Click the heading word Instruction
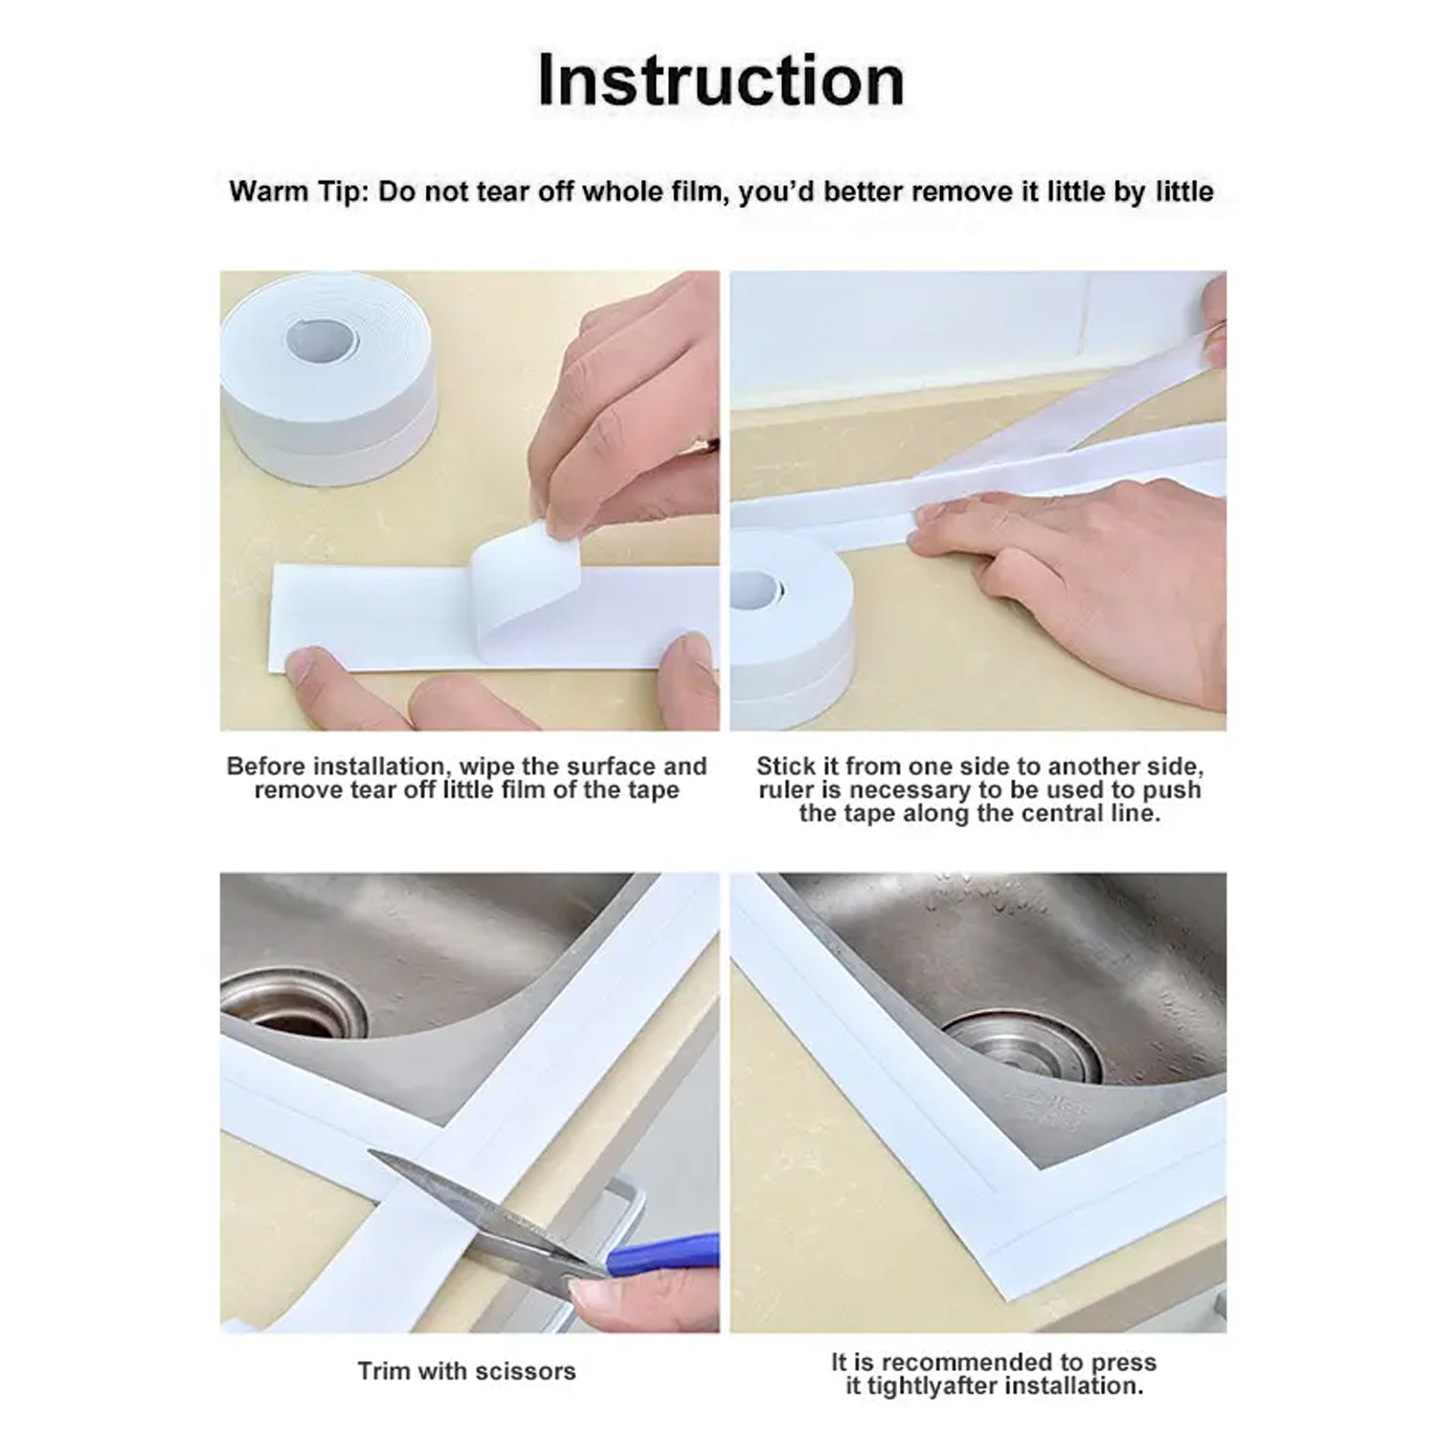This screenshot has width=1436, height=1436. pos(720,80)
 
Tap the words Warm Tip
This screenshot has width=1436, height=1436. pos(296,191)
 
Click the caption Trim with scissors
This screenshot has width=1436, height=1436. pos(466,1371)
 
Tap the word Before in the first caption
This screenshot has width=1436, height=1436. pos(267,766)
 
